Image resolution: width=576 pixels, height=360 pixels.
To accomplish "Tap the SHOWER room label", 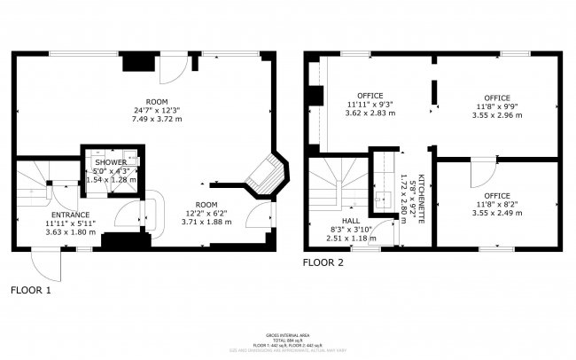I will click(112, 163).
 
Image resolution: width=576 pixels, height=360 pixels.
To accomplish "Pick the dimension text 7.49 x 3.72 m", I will click(152, 118).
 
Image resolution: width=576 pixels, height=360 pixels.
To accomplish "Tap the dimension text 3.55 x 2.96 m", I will click(496, 114).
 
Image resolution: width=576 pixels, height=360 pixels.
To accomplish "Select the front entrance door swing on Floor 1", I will click(44, 263).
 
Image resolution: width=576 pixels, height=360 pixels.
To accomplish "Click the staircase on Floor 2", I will click(336, 182).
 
